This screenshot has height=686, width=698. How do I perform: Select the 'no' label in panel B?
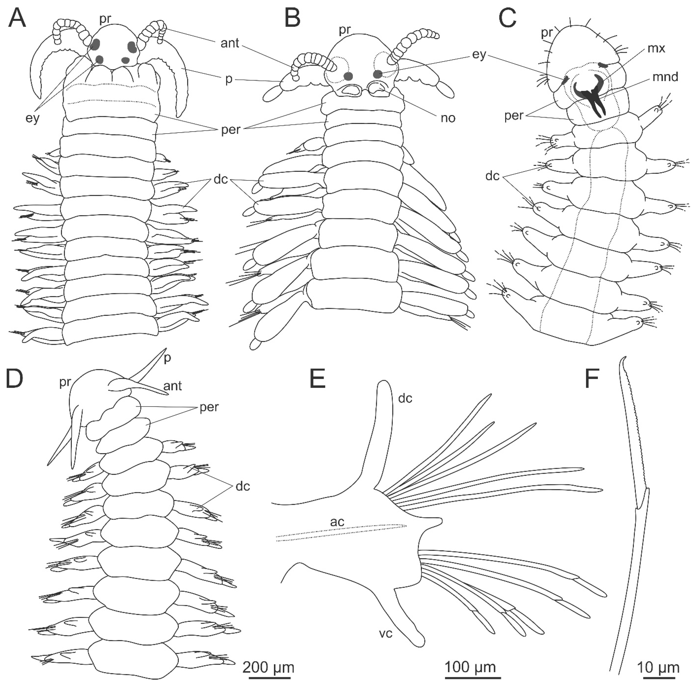tap(448, 118)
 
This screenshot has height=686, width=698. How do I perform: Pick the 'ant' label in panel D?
tap(173, 386)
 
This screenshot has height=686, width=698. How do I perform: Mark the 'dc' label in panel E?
tap(405, 398)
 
